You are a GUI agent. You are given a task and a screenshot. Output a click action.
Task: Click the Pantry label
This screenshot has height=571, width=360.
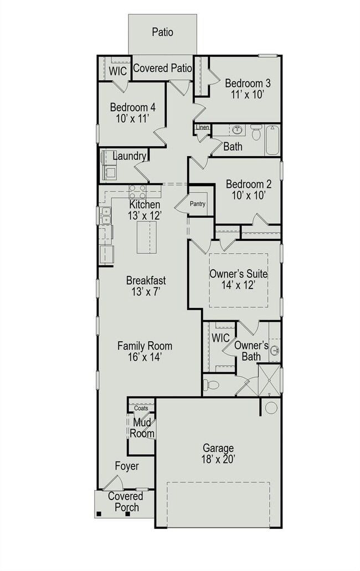[198, 204]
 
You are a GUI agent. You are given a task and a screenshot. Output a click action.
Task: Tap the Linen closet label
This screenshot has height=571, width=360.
[203, 128]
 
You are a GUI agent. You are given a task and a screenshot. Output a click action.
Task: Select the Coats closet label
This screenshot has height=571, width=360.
[141, 408]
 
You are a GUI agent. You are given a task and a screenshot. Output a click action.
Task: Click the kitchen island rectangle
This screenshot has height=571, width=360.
[148, 236]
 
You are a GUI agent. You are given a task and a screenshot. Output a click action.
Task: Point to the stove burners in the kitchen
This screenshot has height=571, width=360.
[137, 192]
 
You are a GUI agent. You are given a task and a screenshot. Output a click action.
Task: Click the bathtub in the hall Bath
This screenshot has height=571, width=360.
[273, 140]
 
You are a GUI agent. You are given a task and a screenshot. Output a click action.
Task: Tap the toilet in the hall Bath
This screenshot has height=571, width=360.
[256, 133]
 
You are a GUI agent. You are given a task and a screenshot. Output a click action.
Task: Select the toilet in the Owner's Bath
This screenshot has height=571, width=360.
[212, 384]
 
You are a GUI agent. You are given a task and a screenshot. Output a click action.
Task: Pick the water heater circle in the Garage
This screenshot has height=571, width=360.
[271, 408]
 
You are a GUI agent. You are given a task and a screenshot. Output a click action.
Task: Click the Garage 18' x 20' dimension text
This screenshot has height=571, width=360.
[218, 459]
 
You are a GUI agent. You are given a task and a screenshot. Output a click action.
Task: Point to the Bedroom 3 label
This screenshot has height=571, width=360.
[248, 84]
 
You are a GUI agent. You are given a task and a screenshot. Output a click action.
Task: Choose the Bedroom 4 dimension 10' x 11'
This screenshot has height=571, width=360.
[132, 118]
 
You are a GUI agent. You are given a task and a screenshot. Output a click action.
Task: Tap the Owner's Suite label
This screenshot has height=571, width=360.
[238, 274]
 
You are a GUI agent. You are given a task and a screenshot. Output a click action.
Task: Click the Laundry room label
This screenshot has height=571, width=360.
[129, 156]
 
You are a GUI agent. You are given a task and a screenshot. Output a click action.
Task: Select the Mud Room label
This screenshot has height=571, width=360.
[142, 428]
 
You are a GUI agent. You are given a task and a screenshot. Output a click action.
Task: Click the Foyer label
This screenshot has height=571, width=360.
[127, 466]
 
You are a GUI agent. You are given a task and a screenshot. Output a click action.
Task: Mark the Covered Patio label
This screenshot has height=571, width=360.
[163, 69]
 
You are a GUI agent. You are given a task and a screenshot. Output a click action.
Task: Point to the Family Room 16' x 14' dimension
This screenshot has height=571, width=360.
[145, 357]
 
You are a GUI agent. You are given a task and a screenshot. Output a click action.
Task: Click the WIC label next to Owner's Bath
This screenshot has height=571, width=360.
[220, 337]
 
